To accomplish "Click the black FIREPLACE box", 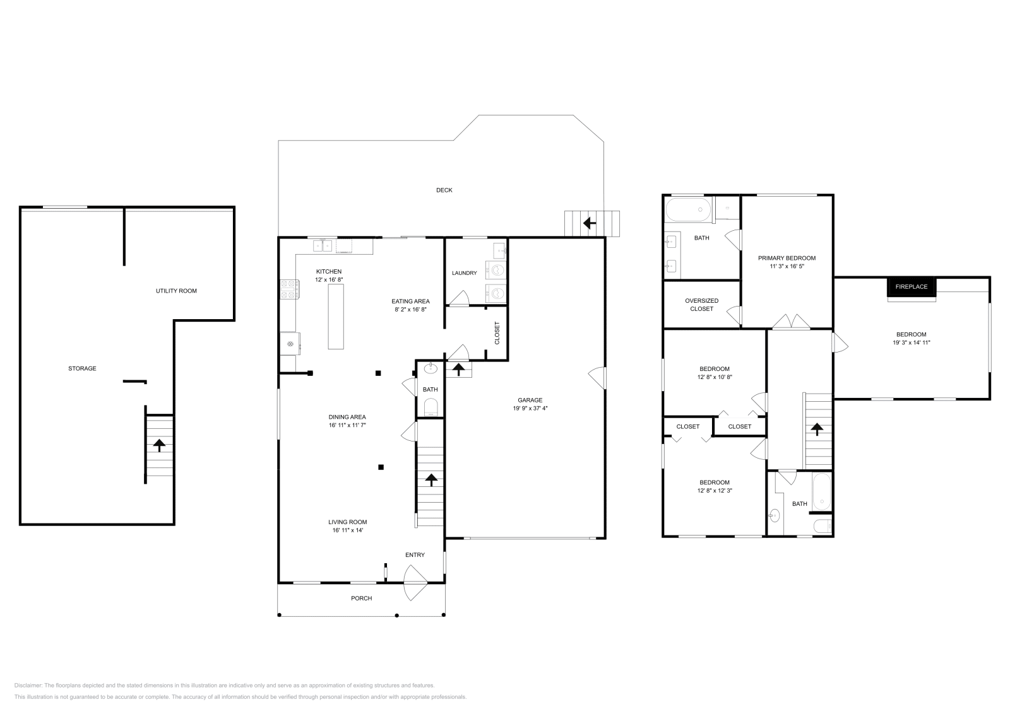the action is click(912, 287).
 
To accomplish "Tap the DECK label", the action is click(444, 190).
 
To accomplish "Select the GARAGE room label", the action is click(530, 400).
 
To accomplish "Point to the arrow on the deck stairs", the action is click(590, 223).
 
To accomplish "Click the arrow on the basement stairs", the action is click(158, 445).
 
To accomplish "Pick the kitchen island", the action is click(335, 317).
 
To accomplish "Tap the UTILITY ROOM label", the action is click(176, 291).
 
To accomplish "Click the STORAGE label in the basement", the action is click(82, 368).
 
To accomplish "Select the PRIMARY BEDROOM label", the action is click(787, 258).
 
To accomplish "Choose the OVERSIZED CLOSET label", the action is click(701, 305).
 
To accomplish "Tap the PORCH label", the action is click(362, 598).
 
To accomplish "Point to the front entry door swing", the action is click(415, 583).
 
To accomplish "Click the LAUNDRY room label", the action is click(465, 273).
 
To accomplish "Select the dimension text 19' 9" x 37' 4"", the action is click(530, 409).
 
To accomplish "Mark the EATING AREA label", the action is click(410, 301).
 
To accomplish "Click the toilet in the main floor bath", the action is click(431, 407).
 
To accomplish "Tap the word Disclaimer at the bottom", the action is click(28, 685).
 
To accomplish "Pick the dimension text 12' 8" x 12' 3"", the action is click(715, 491).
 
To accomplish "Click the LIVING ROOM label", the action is click(348, 522).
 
